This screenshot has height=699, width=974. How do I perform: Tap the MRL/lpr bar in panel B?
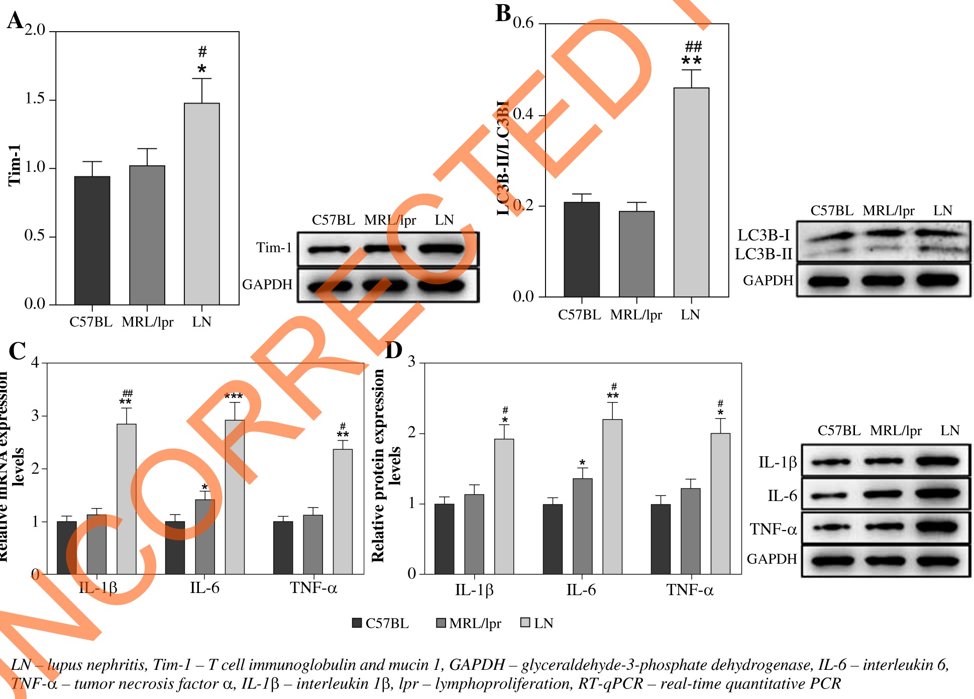[636, 254]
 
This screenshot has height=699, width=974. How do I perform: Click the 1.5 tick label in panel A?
[35, 99]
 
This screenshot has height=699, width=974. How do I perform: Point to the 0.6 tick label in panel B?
[523, 23]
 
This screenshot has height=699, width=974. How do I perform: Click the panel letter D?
[393, 350]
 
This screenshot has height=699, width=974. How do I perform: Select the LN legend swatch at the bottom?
[525, 623]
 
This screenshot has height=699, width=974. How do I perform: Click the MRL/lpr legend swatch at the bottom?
[441, 623]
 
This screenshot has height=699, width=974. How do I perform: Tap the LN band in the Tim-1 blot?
[442, 248]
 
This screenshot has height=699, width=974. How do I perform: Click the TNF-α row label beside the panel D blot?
[773, 529]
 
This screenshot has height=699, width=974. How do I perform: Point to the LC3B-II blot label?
[764, 254]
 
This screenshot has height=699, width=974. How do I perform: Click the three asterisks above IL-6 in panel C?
[234, 396]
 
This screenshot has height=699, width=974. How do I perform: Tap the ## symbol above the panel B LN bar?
[693, 47]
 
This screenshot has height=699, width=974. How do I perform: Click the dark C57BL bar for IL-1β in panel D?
[444, 539]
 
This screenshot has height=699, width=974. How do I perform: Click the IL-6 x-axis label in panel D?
[581, 589]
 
